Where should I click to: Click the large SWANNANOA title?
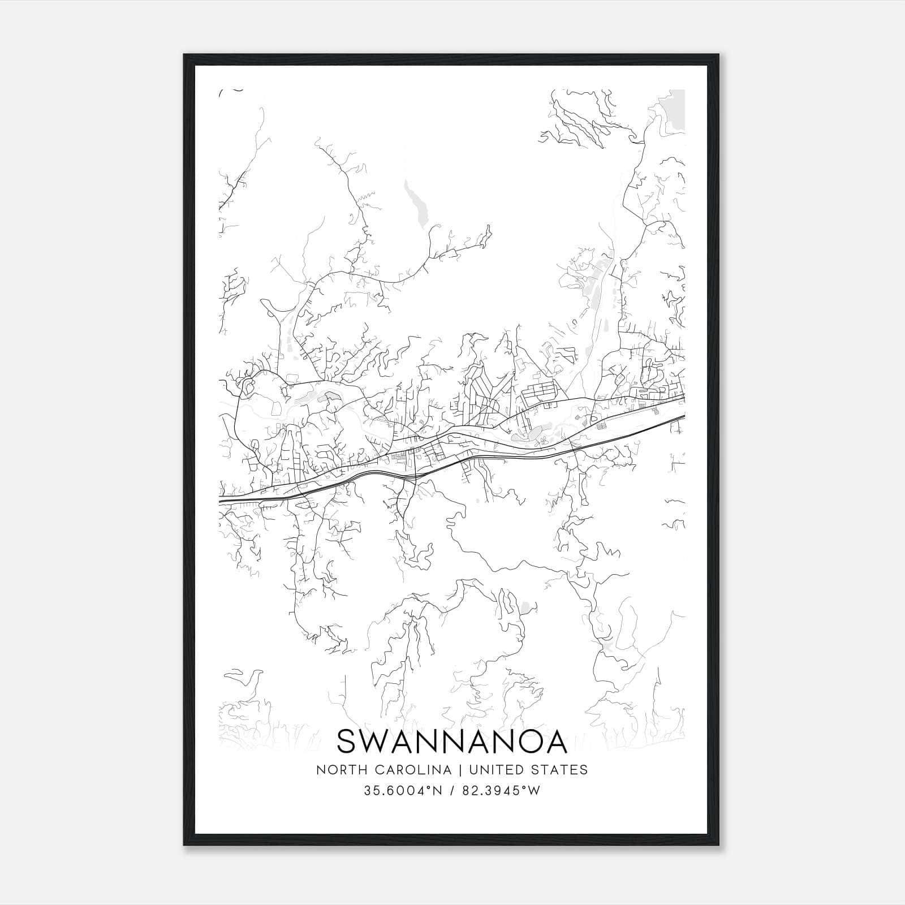click(452, 741)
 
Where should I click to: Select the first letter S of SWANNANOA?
click(348, 741)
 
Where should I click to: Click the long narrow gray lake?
click(417, 205)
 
